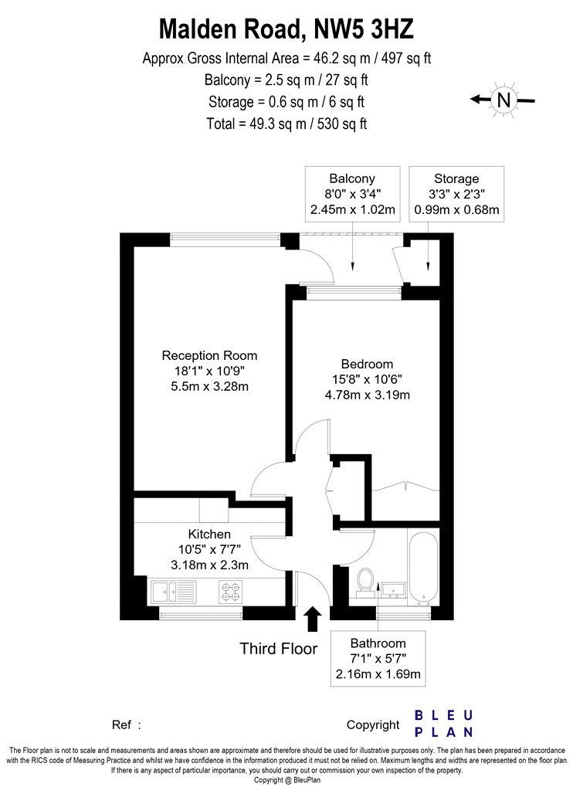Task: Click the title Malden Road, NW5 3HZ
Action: [286, 29]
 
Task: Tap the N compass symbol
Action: [503, 100]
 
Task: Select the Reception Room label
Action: [209, 355]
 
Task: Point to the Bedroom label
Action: [367, 364]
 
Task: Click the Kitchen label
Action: [209, 534]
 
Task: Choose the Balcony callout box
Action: [353, 194]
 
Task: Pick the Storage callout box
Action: [456, 194]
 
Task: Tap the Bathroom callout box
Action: [378, 658]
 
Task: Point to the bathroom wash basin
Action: [394, 589]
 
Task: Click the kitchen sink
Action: [174, 592]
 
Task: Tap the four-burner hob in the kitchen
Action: [231, 592]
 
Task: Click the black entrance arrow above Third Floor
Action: [312, 619]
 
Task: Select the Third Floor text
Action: [278, 649]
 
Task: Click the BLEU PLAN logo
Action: [444, 724]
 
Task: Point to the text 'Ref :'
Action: [126, 724]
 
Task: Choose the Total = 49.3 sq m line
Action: [286, 124]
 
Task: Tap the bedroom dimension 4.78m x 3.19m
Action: [367, 395]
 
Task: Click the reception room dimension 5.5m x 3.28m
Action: [209, 386]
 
